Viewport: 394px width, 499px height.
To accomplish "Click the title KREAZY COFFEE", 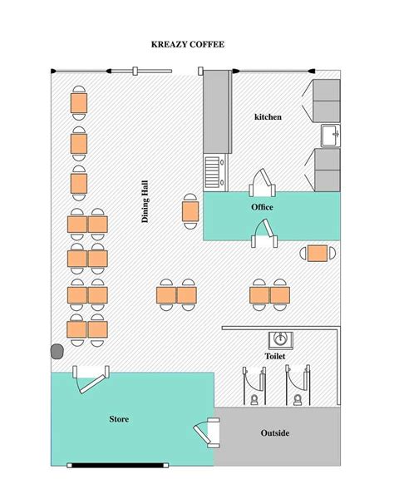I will pyautogui.click(x=187, y=45).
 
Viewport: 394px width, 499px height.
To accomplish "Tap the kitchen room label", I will pyautogui.click(x=268, y=117).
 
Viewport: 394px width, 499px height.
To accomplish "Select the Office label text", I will pyautogui.click(x=262, y=207).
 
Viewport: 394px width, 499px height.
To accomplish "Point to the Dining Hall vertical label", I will pyautogui.click(x=145, y=201).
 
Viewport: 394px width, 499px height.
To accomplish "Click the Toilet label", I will pyautogui.click(x=274, y=356).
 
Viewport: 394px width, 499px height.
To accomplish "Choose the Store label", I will pyautogui.click(x=119, y=418).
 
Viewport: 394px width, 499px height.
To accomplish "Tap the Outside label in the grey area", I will pyautogui.click(x=274, y=432).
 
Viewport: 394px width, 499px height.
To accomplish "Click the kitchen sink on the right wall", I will pyautogui.click(x=330, y=134).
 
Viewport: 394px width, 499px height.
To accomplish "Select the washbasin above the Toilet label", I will pyautogui.click(x=281, y=338).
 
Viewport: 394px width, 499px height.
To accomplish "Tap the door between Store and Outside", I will pyautogui.click(x=206, y=434).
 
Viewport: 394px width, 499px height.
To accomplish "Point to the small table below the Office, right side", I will pyautogui.click(x=317, y=253).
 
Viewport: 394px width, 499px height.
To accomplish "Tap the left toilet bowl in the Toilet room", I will pyautogui.click(x=254, y=399).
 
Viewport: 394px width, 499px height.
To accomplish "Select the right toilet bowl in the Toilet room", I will pyautogui.click(x=298, y=399).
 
